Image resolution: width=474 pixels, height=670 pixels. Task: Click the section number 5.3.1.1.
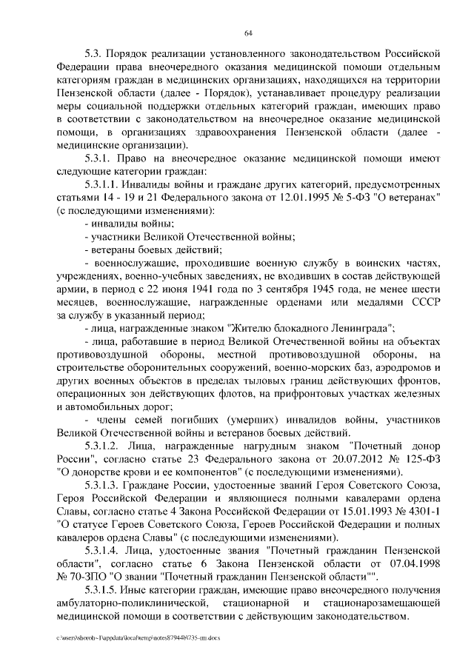104,184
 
